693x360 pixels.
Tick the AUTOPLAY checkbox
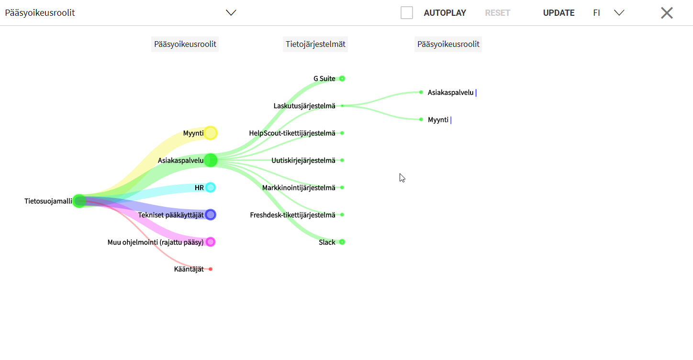tap(406, 13)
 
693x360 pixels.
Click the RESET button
tap(497, 13)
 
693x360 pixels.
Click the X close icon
tap(667, 13)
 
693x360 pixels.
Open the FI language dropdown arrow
tap(619, 13)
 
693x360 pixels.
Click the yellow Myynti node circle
tap(211, 133)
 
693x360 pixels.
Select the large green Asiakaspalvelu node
tap(211, 160)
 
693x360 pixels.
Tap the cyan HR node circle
tap(211, 188)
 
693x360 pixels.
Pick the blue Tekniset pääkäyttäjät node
tap(211, 215)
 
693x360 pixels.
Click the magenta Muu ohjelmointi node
tap(211, 242)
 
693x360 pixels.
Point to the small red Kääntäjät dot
tap(211, 270)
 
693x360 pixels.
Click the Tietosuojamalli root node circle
tap(79, 201)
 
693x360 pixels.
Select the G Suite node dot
tap(342, 79)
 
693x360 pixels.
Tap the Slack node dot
tap(342, 242)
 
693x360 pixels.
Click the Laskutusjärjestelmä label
tap(304, 106)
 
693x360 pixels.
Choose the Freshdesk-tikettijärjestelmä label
tap(293, 215)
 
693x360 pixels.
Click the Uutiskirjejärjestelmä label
tap(303, 160)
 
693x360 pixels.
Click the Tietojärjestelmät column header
tap(315, 44)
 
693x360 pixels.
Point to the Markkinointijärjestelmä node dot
tap(342, 188)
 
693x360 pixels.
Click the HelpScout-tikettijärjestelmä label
tap(292, 133)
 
